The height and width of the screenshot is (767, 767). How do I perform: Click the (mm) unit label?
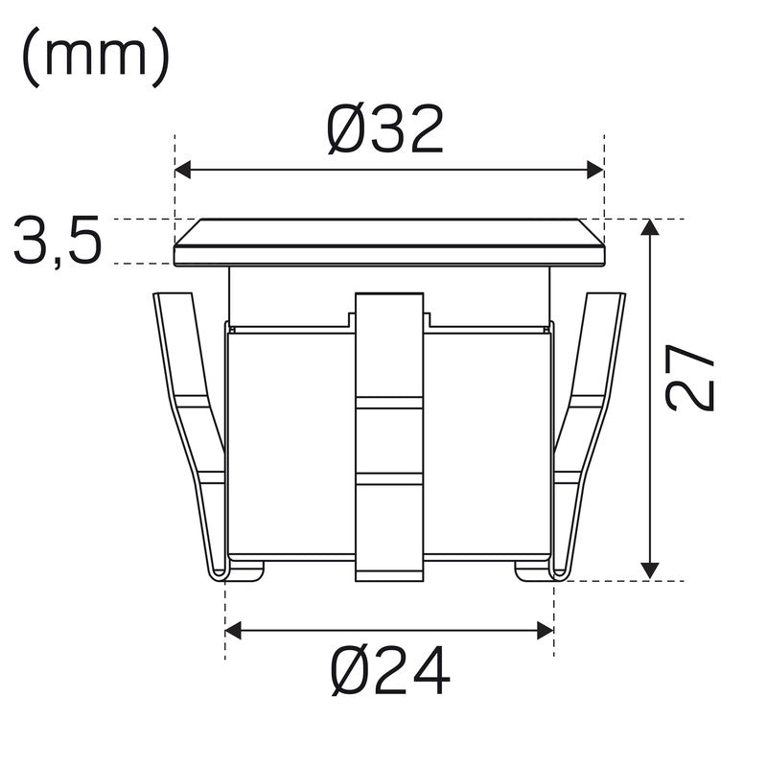[95, 57]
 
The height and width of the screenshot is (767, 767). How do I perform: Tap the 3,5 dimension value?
[58, 241]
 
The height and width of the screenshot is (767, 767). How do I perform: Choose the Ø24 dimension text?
[390, 670]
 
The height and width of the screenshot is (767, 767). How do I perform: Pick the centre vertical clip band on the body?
[389, 436]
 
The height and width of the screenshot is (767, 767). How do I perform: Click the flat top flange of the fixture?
[389, 243]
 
